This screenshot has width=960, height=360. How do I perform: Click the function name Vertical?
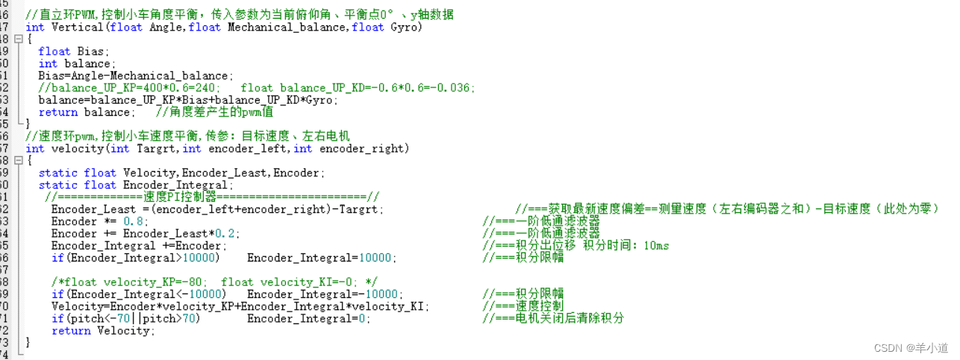tap(78, 28)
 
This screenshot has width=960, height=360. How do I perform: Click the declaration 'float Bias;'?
tap(73, 52)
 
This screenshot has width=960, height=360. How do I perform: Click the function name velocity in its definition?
tap(78, 149)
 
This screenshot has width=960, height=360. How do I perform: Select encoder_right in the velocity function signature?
tap(364, 149)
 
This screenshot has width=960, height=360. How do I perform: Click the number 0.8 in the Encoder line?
tap(131, 221)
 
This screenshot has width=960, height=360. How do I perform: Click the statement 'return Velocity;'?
tap(102, 330)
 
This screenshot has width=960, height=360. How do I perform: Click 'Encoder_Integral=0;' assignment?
tap(308, 318)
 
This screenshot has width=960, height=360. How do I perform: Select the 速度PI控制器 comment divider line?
tap(212, 197)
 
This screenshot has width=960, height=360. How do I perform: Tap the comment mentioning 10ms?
tap(576, 246)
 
